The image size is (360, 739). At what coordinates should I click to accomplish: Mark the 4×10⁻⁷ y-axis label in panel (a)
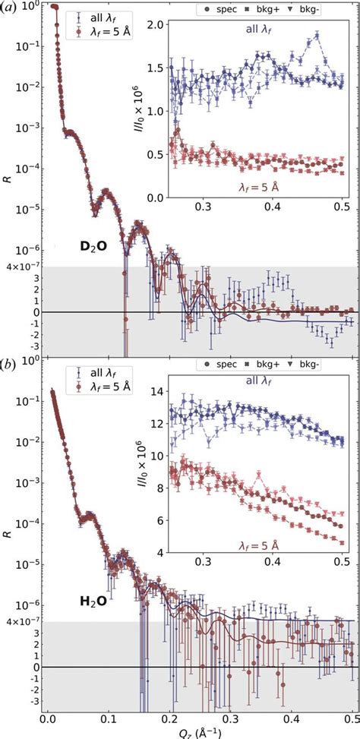pos(17,267)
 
